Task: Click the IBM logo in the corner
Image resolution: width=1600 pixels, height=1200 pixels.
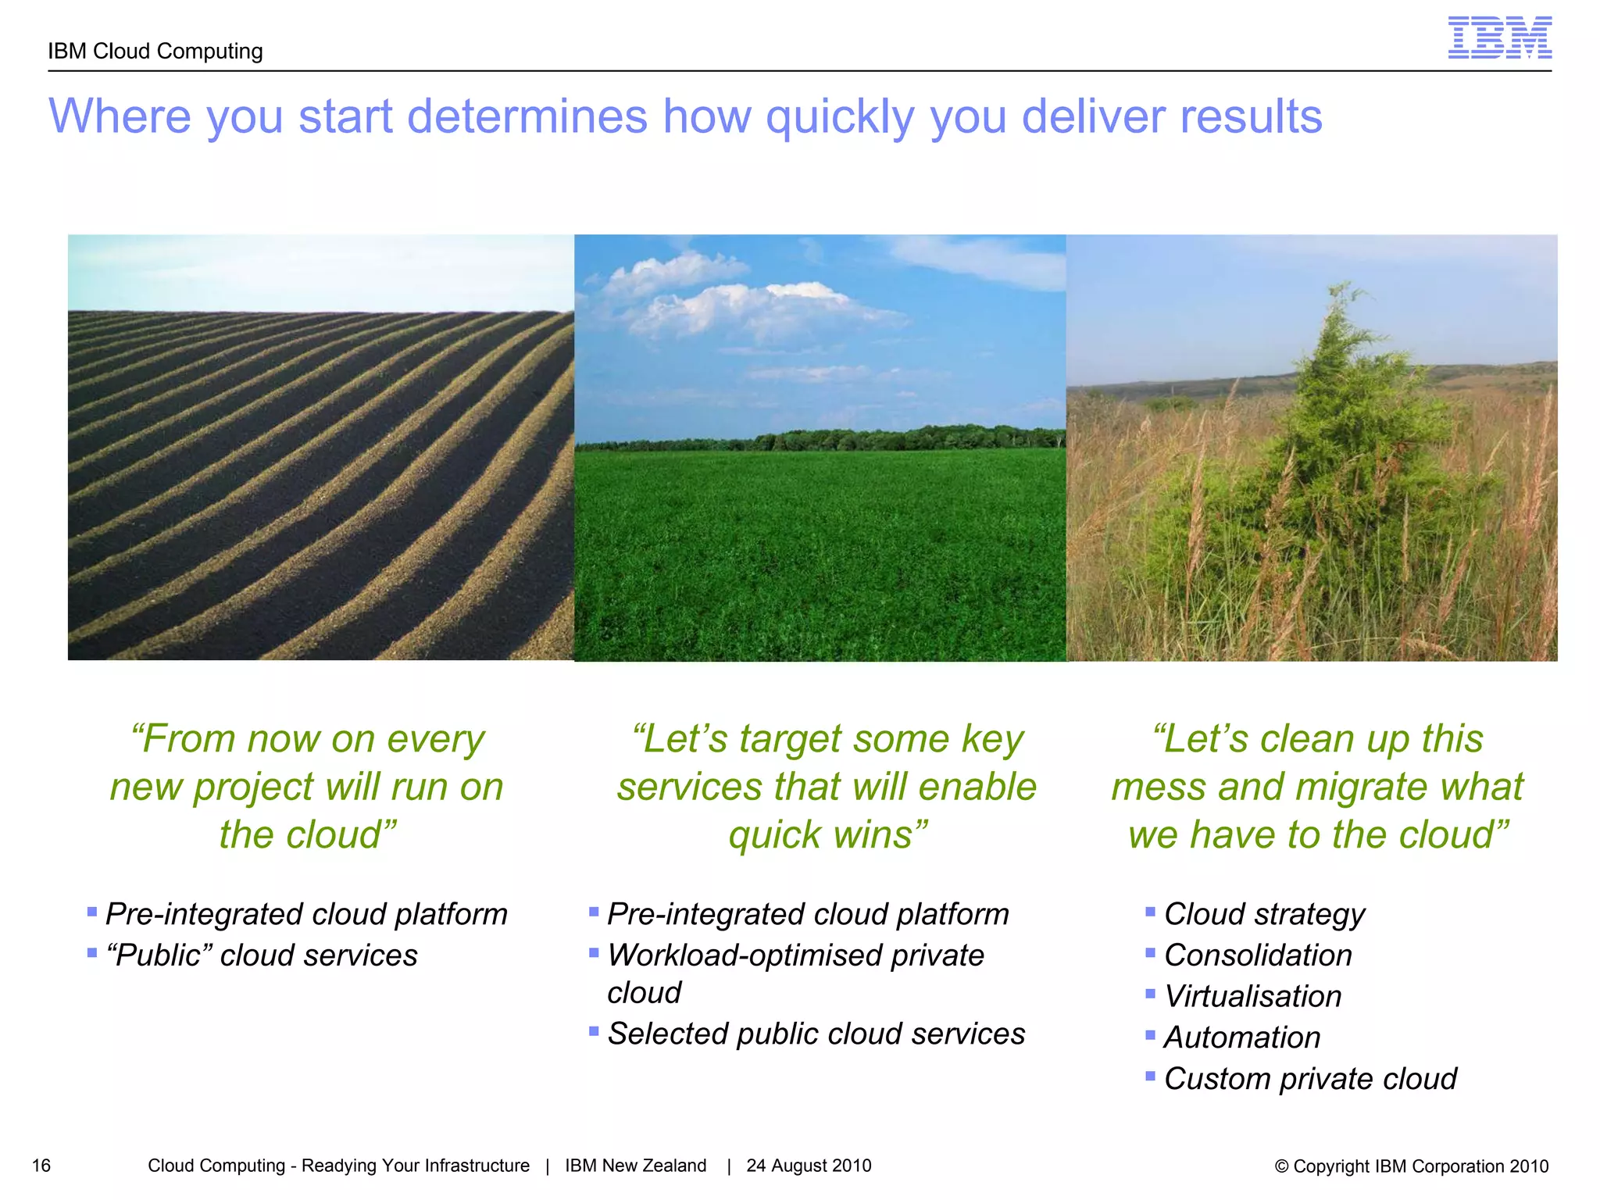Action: tap(1499, 38)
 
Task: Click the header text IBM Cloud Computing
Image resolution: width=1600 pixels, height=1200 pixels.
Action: tap(155, 52)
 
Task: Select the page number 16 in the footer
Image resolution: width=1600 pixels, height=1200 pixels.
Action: tap(41, 1166)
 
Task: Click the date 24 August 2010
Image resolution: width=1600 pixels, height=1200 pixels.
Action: tap(809, 1166)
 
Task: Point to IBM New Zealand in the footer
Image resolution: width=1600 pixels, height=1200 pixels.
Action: tap(635, 1166)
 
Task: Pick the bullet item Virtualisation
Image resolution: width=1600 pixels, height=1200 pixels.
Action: tap(1252, 997)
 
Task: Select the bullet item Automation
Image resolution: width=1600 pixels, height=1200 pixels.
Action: tap(1242, 1037)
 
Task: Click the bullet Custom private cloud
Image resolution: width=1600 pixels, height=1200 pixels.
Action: tap(1310, 1079)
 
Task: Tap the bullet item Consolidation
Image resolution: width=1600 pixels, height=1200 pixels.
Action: tap(1258, 955)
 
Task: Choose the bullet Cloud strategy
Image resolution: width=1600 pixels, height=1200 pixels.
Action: tap(1264, 914)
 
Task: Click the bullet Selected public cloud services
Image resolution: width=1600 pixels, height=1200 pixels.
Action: tap(816, 1034)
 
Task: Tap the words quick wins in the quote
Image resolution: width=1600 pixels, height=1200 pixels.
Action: tap(827, 834)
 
